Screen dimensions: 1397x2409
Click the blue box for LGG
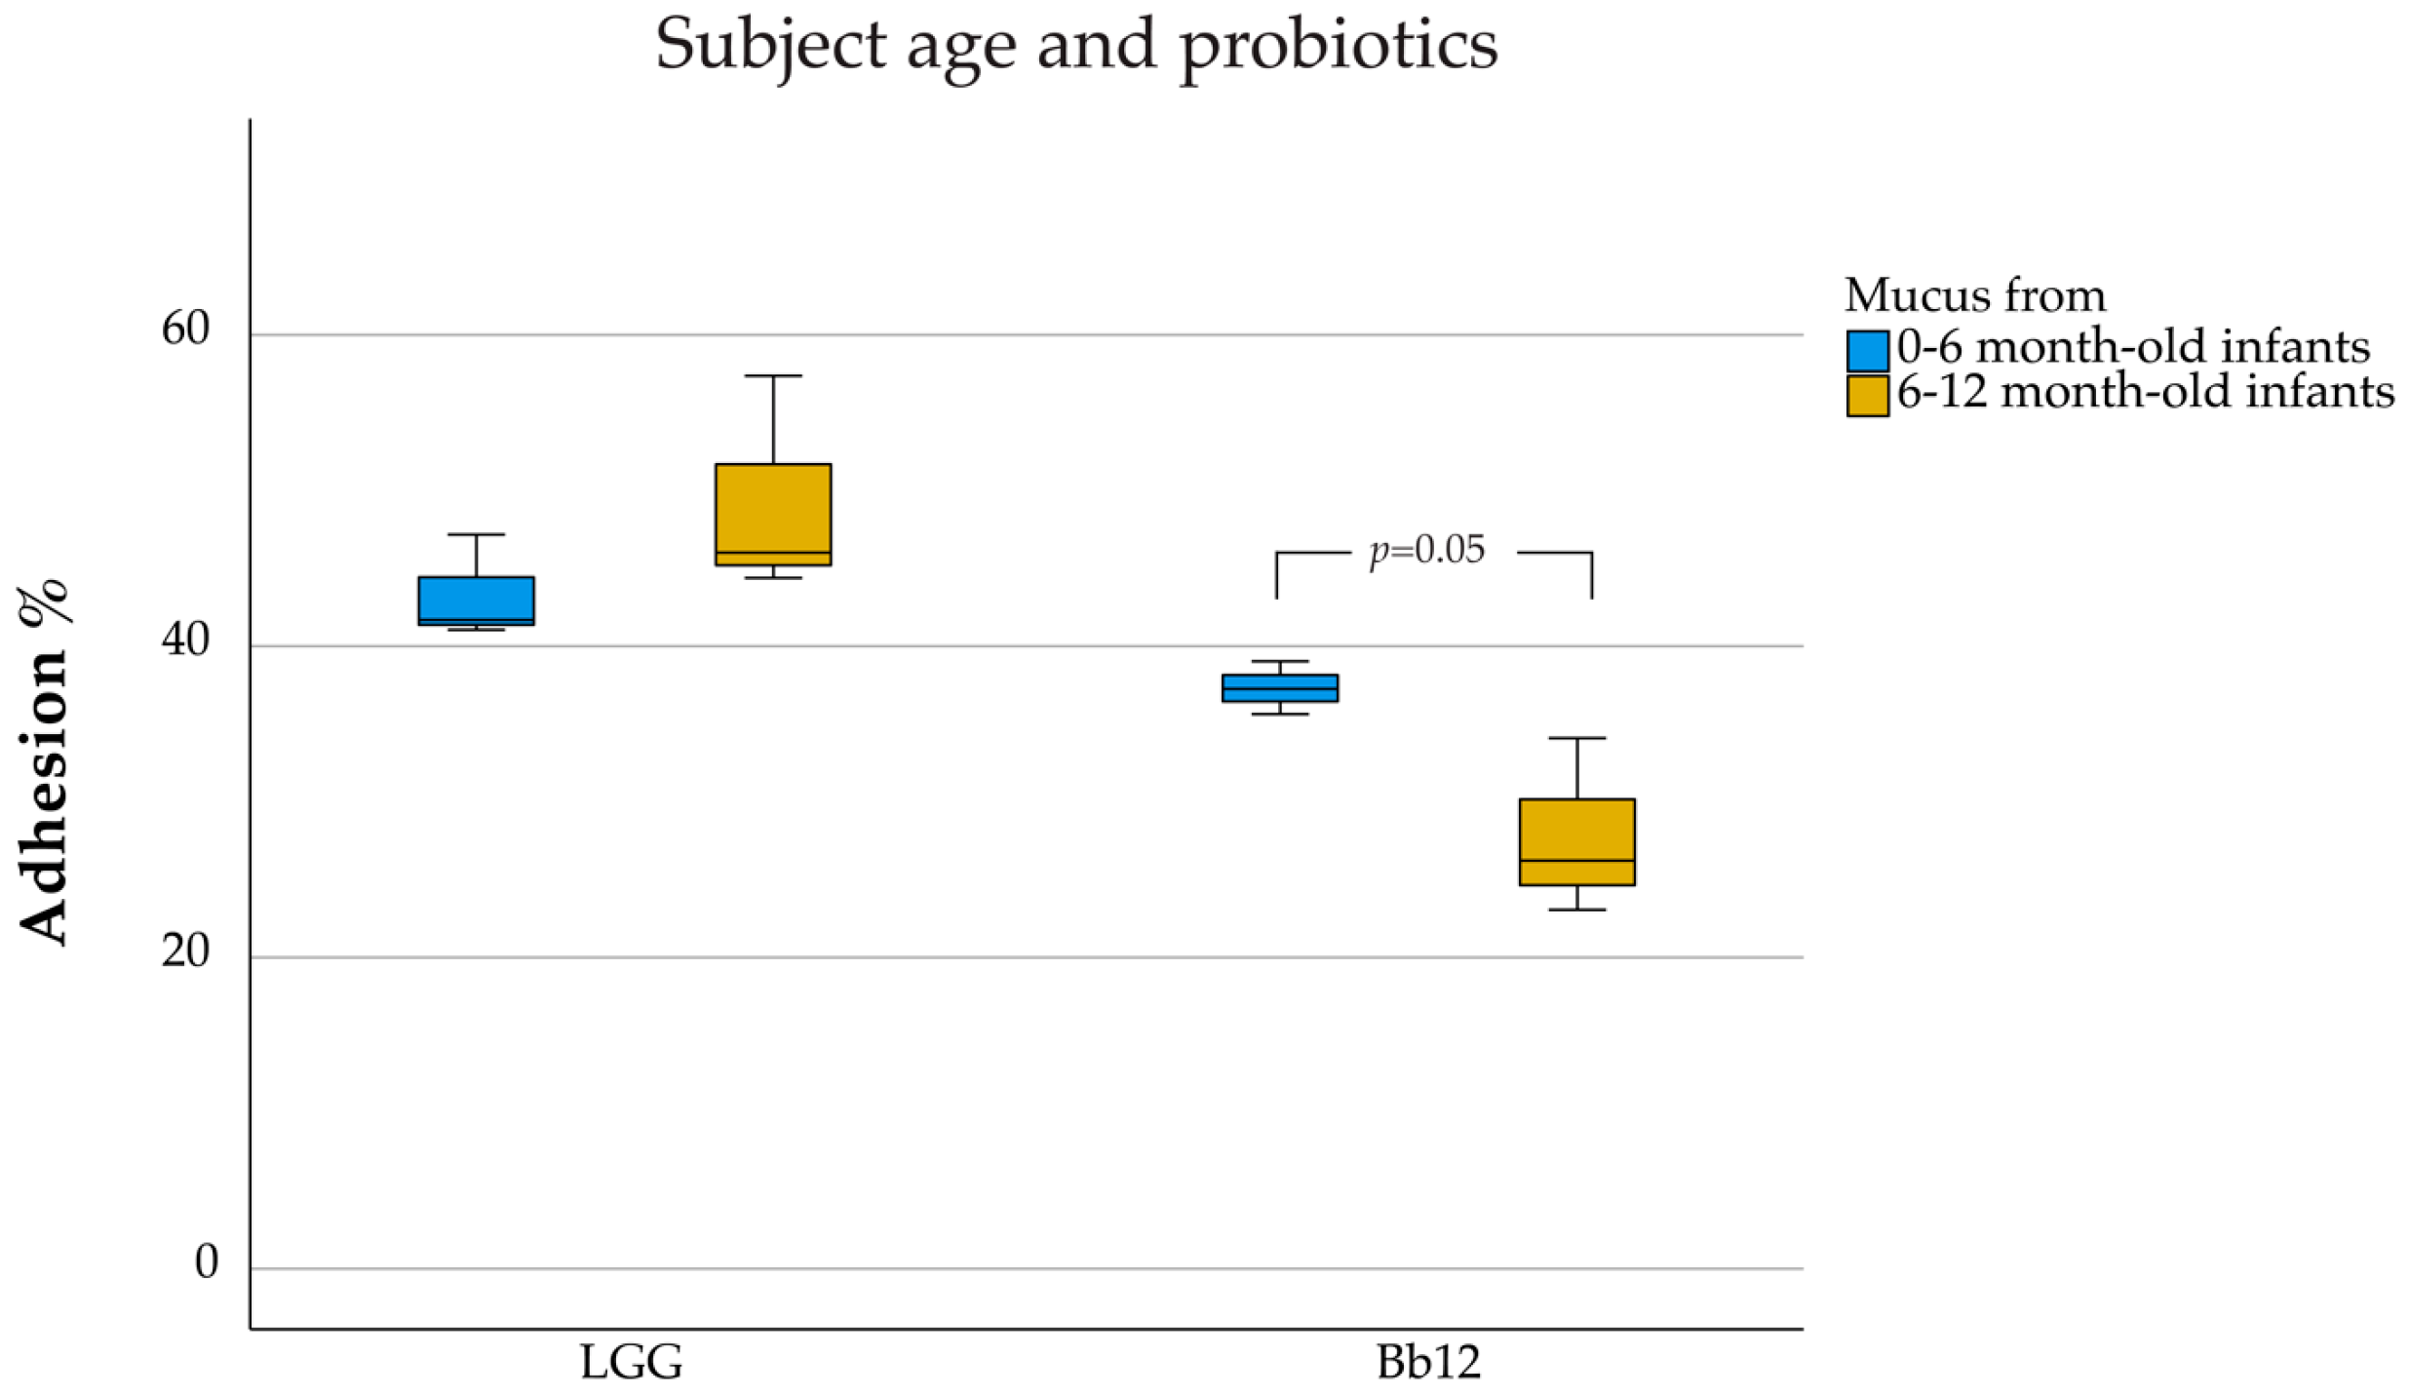(476, 600)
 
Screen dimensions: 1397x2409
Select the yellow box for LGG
(772, 514)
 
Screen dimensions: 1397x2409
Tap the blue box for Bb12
(1279, 687)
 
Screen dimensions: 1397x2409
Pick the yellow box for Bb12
(1576, 840)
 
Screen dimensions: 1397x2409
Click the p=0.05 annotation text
(1427, 551)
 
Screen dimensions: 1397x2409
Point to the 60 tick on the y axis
(185, 330)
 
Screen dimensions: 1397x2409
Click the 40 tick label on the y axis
(185, 641)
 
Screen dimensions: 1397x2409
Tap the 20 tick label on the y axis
(185, 952)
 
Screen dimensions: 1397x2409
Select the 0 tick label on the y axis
(206, 1263)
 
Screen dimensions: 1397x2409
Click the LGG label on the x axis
(631, 1362)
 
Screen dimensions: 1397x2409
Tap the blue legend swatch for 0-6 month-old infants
(1866, 351)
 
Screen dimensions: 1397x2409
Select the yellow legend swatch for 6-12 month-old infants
(1866, 396)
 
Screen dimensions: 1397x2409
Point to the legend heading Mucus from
(1975, 295)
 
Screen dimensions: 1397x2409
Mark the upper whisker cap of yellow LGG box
(772, 375)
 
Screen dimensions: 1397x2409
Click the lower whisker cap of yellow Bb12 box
(1576, 910)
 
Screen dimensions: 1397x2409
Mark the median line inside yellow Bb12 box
(1576, 860)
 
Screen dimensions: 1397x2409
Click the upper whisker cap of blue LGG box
(476, 534)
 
